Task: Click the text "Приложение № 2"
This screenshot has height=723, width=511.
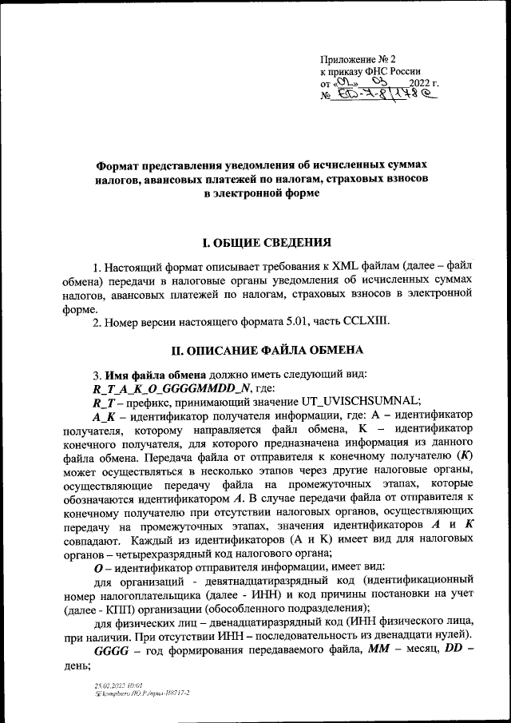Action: tap(357, 59)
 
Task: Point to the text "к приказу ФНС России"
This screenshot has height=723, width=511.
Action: tap(370, 71)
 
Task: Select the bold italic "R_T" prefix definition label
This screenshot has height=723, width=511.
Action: tap(105, 400)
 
